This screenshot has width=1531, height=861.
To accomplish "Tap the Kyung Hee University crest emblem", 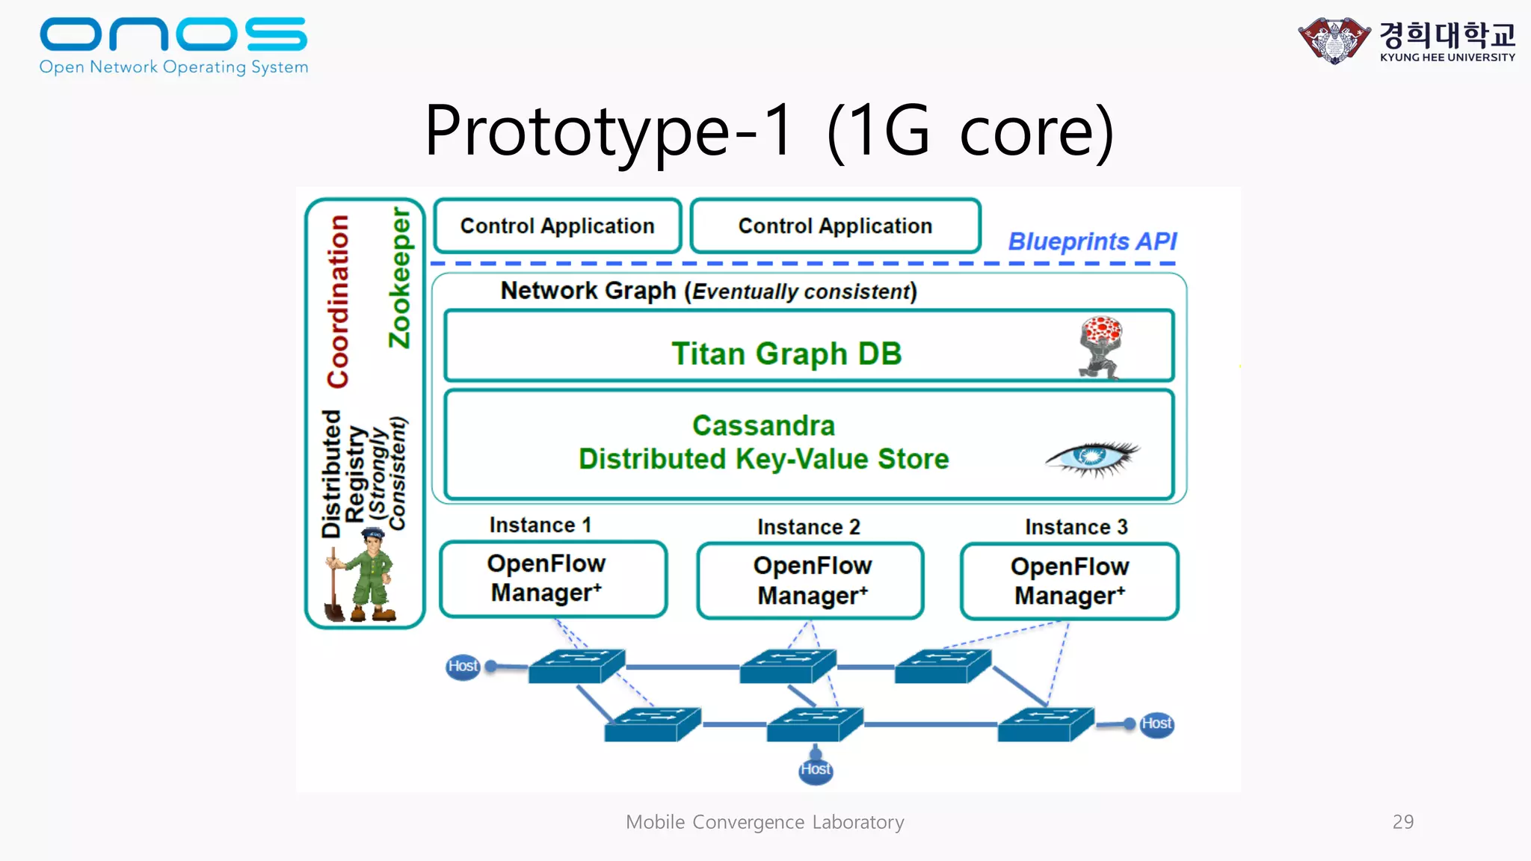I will tap(1334, 40).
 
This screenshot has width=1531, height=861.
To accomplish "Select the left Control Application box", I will tap(557, 226).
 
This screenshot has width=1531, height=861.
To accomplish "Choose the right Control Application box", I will tap(835, 226).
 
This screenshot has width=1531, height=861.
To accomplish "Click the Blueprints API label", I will tap(1091, 241).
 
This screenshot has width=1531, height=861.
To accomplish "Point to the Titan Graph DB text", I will tap(786, 354).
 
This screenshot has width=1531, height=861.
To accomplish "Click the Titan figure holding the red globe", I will tap(1100, 347).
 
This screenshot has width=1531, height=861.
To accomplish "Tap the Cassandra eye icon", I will tap(1091, 457).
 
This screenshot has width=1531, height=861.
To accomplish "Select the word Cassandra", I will tap(763, 425).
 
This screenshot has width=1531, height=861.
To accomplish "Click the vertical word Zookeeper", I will tap(400, 278).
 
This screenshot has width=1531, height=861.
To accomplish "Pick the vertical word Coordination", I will tap(338, 300).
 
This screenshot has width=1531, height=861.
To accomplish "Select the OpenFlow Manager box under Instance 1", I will tap(553, 579).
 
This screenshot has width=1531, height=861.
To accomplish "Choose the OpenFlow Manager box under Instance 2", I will tap(810, 581).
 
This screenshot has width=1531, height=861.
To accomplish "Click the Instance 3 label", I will tap(1076, 527).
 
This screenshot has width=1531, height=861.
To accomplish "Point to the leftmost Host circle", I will tap(463, 666).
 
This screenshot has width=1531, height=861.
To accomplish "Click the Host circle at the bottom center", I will tap(815, 770).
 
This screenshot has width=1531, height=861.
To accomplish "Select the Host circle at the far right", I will tap(1156, 723).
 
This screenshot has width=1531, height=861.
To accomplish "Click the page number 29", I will tap(1402, 821).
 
